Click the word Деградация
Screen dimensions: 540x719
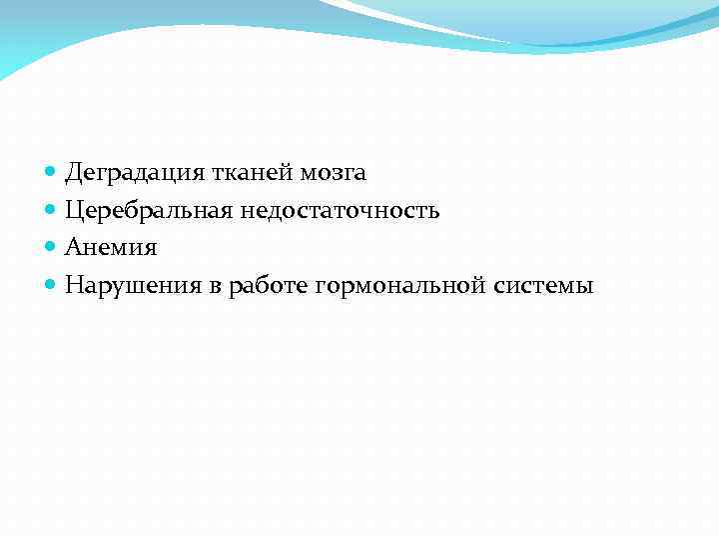coord(133,174)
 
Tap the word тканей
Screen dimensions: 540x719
coord(243,174)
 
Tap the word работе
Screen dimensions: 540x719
coord(269,286)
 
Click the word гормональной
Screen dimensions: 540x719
coord(399,286)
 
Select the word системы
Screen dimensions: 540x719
coord(542,286)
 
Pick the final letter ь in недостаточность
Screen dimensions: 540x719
coord(433,212)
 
